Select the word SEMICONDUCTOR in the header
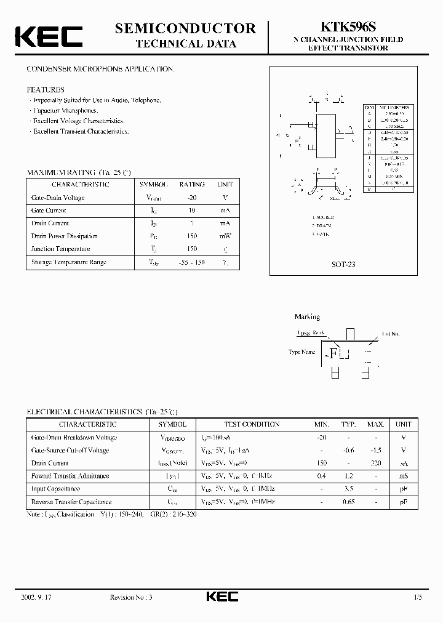point(185,28)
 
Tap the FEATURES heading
point(46,89)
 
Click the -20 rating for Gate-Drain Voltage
point(191,198)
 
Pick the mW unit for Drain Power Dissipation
point(225,236)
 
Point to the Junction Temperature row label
point(60,249)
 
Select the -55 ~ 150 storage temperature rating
point(191,262)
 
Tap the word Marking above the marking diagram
point(307,317)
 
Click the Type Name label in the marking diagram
point(302,352)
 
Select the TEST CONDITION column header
point(252,424)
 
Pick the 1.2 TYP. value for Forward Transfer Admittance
point(349,476)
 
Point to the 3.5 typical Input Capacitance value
point(349,489)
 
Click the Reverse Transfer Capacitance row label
point(71,502)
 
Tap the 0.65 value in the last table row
point(349,502)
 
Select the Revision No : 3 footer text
point(134,597)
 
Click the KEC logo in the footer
point(221,597)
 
